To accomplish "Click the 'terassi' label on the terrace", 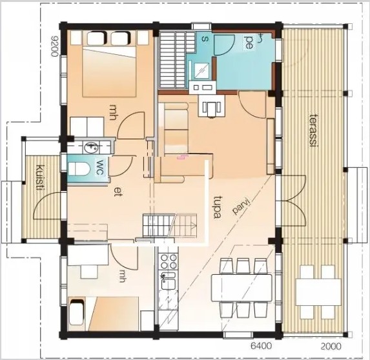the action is (313, 131).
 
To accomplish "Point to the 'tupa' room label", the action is (216, 207).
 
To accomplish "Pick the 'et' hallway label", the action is (118, 192).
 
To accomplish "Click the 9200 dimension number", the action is (54, 46).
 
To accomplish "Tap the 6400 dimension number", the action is (261, 346).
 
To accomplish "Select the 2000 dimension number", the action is (331, 346).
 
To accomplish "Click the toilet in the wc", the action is (79, 168).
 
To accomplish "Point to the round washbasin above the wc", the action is (91, 148).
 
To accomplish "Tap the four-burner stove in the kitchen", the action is (168, 261).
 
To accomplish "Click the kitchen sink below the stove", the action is (168, 281).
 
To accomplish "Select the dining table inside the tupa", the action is (242, 288).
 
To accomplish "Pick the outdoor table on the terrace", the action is (318, 292).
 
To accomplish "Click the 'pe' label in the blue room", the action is (249, 42).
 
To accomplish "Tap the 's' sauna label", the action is (205, 39).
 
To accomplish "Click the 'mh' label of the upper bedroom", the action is (112, 112).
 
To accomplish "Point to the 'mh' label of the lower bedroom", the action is (121, 276).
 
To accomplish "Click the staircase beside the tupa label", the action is (170, 226).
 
